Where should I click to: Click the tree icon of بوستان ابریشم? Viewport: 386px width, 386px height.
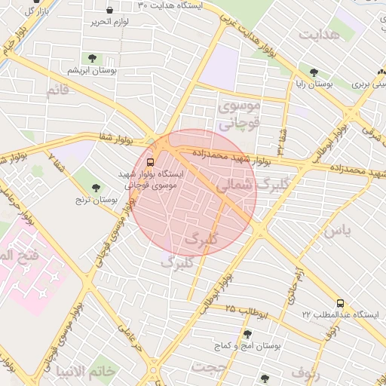pyautogui.click(x=92, y=58)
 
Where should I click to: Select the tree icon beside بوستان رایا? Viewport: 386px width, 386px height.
pyautogui.click(x=314, y=73)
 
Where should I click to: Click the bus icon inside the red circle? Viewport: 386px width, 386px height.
pyautogui.click(x=150, y=161)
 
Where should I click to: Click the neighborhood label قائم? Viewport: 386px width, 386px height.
pyautogui.click(x=57, y=91)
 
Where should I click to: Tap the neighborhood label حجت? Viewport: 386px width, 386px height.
pyautogui.click(x=208, y=366)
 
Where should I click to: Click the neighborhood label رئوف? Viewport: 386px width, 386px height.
pyautogui.click(x=305, y=372)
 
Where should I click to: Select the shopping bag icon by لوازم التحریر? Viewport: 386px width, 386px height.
pyautogui.click(x=111, y=10)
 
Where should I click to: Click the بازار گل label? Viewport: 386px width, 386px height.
pyautogui.click(x=32, y=11)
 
